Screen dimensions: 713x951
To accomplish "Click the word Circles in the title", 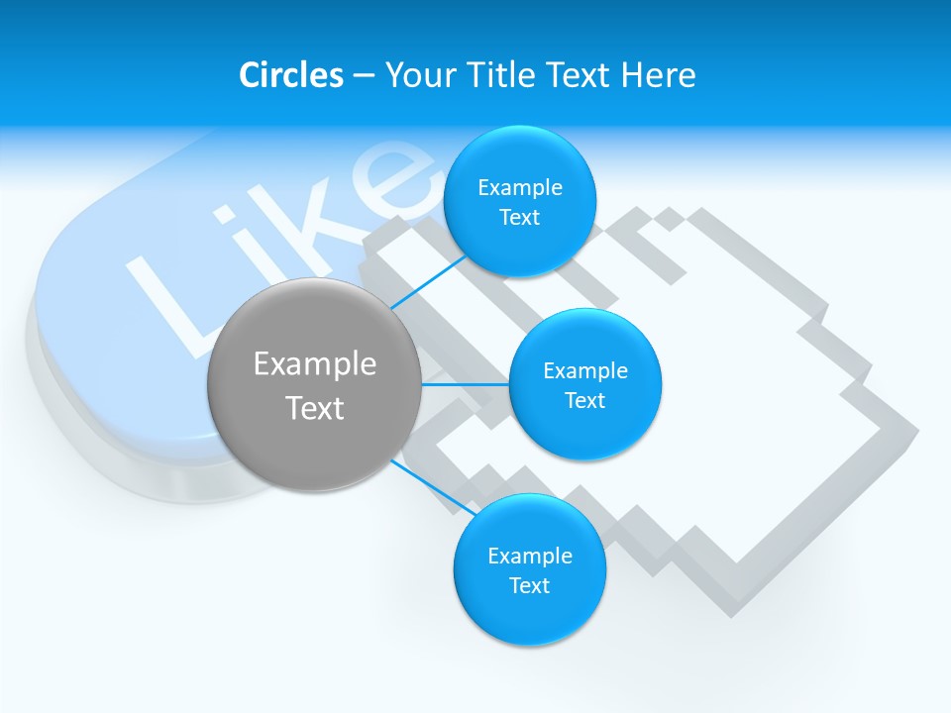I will coord(290,75).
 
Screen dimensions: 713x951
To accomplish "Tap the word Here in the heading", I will coord(658,75).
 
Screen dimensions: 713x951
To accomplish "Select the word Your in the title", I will coord(422,75).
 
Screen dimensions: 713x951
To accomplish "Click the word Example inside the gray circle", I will coord(315,364).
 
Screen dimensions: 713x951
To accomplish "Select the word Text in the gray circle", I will coord(315,408).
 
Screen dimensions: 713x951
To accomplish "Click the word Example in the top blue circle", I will coord(520,188).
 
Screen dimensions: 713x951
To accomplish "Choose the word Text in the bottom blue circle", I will coord(529,586).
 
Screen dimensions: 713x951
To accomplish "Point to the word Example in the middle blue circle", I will coord(585,371).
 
